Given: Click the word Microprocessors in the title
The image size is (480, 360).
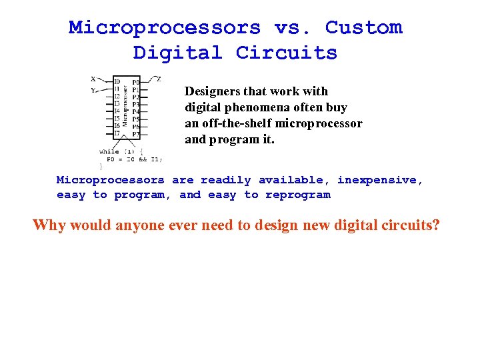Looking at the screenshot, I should point(165,28).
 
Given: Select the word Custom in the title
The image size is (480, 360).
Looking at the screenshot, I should point(363,28).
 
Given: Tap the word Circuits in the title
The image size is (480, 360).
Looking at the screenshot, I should point(287,53).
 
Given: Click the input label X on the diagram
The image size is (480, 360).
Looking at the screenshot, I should point(93,78).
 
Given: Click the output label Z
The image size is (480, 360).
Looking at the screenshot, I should point(158,79).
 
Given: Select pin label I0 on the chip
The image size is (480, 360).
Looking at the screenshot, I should point(117,81).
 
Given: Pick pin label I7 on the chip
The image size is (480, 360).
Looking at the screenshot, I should point(117,133).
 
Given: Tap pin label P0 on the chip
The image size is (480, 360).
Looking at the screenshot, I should point(135,83).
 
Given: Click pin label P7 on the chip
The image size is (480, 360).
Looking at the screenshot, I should point(135,134).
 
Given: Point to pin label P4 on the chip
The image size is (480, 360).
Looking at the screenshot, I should point(135,112).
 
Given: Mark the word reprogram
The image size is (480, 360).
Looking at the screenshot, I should point(297,195).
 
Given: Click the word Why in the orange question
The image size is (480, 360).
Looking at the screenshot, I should point(49,225).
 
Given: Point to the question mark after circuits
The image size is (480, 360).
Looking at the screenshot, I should point(436,225).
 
